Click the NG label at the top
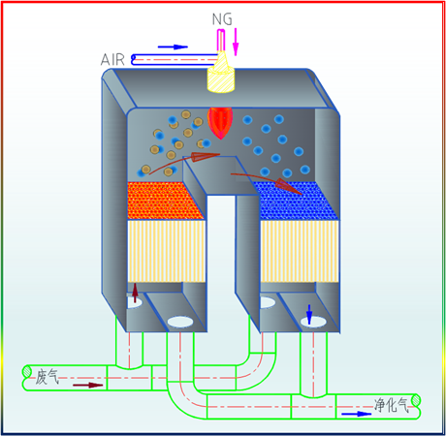(222, 19)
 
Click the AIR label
(112, 60)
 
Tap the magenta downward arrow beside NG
(236, 42)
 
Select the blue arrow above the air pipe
(173, 47)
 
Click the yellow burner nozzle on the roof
(220, 73)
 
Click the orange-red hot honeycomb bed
(165, 201)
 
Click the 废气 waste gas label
(48, 377)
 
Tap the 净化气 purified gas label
(392, 405)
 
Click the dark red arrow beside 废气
(88, 385)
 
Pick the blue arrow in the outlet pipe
(357, 414)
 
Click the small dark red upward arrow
(135, 293)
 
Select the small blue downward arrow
(309, 314)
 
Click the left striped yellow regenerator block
(167, 251)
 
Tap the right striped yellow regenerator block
(300, 251)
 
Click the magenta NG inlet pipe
(221, 40)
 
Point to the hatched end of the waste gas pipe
(27, 371)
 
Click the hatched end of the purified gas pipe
(416, 400)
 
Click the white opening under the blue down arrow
(313, 322)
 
